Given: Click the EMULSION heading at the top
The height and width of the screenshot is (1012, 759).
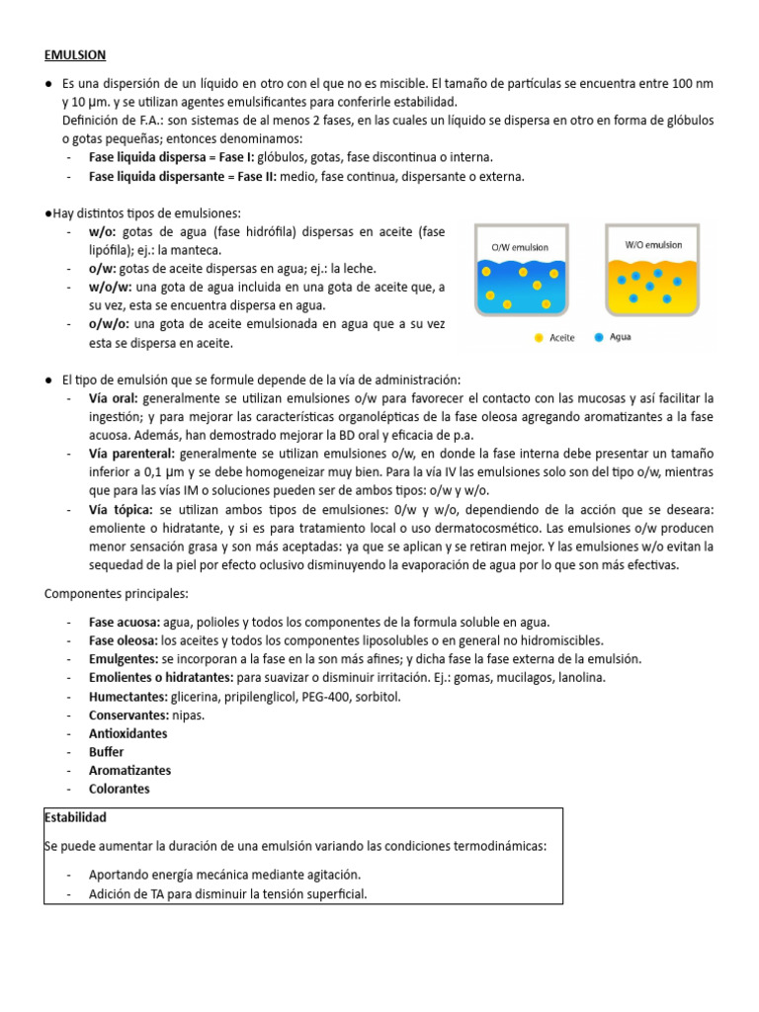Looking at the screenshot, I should click(75, 55).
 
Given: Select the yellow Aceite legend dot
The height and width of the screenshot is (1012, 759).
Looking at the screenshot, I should click(539, 337).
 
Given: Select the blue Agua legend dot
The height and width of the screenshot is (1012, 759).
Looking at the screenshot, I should click(599, 337).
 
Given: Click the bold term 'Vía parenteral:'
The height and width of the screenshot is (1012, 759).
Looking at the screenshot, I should click(131, 454).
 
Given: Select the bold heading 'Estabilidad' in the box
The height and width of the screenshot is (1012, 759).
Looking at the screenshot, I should click(76, 818).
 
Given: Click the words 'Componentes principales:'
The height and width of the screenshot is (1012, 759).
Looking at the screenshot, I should click(116, 593).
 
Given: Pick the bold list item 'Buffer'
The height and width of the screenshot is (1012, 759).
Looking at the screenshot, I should click(106, 752).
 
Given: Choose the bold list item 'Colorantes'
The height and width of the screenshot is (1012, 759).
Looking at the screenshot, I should click(119, 789).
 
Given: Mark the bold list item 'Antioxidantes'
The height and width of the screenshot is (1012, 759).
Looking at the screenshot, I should click(127, 733).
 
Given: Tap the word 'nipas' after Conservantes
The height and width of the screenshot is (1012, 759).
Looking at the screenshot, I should click(189, 715).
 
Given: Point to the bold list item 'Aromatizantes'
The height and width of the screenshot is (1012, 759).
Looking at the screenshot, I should click(129, 770).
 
